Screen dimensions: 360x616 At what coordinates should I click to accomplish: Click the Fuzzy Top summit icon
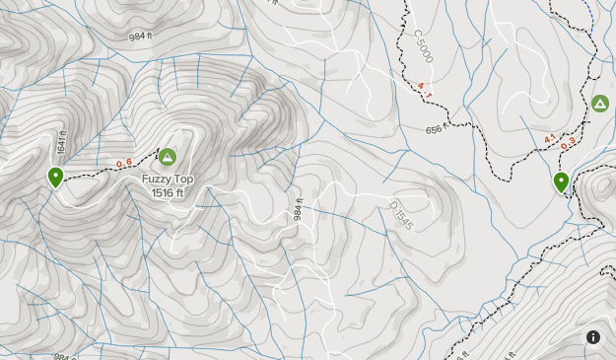coord(167,157)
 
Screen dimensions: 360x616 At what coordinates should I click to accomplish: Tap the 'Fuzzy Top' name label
coord(167,180)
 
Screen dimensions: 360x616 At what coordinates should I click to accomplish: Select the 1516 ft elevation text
coord(167,193)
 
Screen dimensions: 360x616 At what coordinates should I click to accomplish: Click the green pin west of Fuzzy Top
coord(56,178)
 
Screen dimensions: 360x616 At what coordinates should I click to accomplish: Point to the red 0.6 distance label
coord(124,164)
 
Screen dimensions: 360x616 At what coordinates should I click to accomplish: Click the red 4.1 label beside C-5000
coord(425,88)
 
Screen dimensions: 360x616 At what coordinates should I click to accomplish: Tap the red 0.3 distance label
coord(568,145)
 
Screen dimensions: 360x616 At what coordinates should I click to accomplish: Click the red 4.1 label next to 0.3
coord(551,138)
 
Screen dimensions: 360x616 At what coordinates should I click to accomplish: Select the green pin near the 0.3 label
coord(561,182)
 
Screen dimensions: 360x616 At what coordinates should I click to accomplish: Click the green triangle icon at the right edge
coord(599,103)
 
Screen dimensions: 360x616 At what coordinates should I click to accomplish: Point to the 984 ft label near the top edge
coord(143,36)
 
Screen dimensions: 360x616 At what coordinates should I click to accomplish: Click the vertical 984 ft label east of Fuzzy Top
coord(296,209)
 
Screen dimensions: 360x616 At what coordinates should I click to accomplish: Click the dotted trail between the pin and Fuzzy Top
coord(99,169)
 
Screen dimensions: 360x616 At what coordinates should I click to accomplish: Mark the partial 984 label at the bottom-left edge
coord(61,356)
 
